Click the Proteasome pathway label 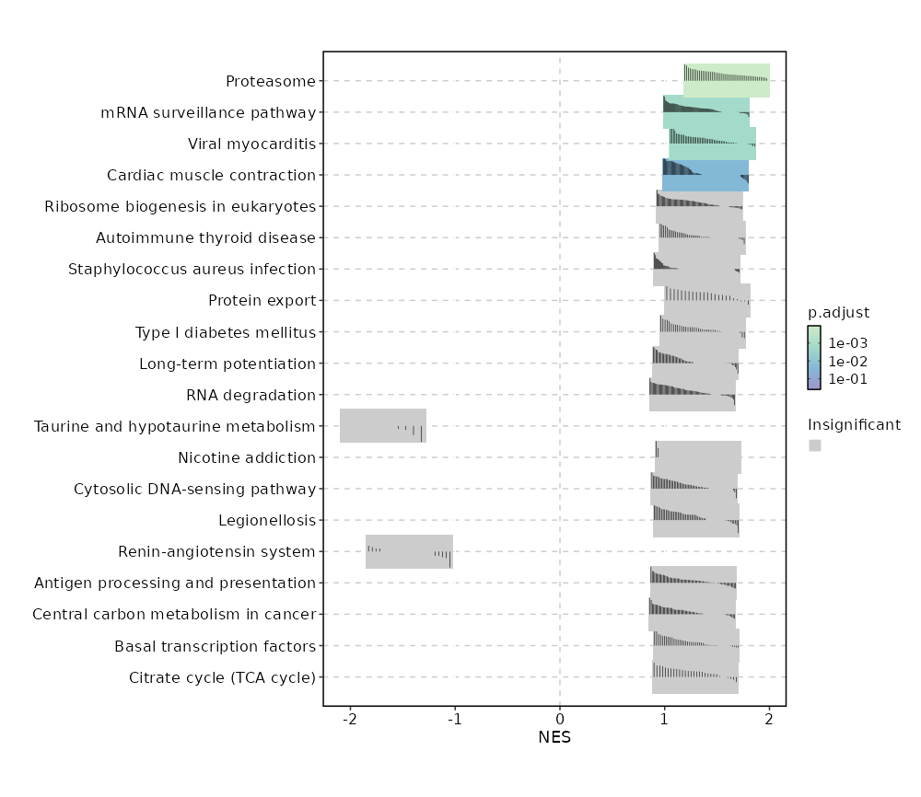(271, 81)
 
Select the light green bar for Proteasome (727, 81)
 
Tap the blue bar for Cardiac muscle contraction (705, 175)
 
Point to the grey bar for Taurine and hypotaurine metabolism (383, 426)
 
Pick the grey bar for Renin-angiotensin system (409, 551)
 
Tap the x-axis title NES (554, 738)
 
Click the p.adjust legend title (838, 312)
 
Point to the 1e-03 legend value (847, 343)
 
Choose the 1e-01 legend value (847, 379)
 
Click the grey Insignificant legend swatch (815, 445)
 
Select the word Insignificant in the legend (854, 424)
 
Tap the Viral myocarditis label (251, 144)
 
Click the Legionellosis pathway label (267, 520)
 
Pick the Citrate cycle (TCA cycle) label (222, 677)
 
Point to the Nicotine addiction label (247, 457)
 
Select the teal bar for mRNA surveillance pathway (706, 112)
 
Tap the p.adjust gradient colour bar (814, 357)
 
